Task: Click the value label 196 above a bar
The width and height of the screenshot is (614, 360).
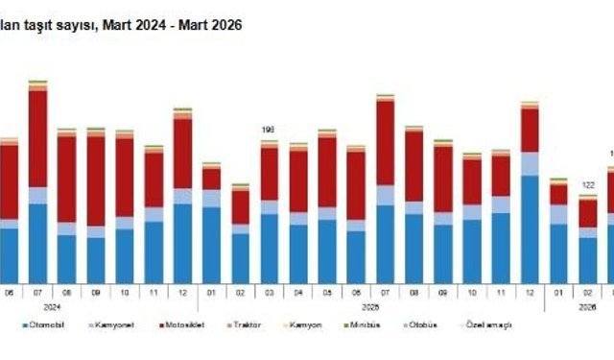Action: coord(269,130)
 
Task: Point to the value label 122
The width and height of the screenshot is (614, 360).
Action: coord(587,185)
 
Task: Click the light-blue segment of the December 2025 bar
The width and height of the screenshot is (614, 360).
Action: coord(530,163)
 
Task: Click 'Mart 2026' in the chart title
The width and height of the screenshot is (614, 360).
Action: coord(210,26)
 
